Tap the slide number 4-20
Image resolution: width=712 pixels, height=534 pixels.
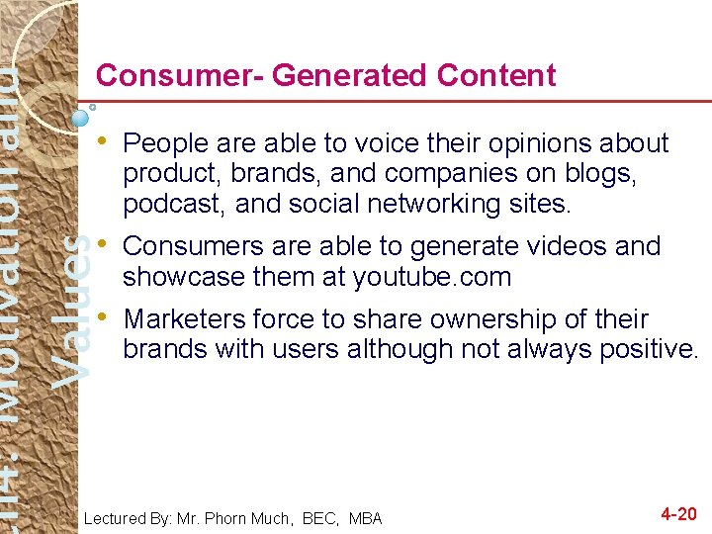678,514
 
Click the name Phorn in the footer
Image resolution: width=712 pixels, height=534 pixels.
243,518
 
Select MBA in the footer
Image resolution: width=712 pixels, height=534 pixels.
366,518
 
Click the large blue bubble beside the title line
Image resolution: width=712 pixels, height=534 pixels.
82,118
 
